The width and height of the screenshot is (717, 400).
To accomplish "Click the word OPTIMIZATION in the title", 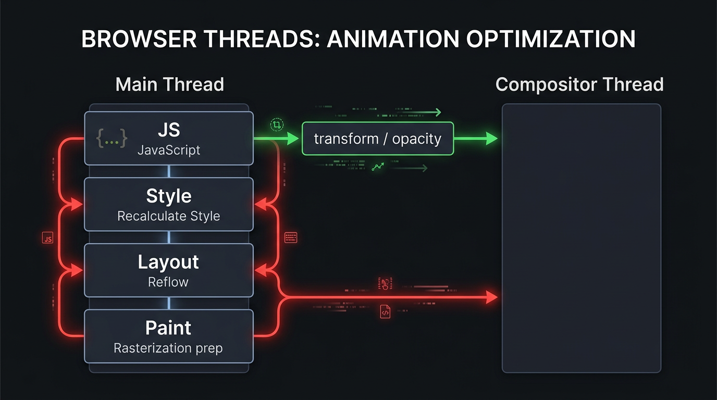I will pos(550,39).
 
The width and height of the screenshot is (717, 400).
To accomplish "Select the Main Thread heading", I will pos(169,84).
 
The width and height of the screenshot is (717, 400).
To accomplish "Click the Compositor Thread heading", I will pos(579,84).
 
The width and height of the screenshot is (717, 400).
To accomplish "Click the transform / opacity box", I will pos(378,139).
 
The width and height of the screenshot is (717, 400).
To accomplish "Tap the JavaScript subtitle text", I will pos(169,151).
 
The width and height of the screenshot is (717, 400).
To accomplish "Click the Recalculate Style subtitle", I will pos(169,216).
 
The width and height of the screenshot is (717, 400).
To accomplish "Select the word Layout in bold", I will pos(168,262).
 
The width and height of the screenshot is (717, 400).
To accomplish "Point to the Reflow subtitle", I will pos(168,282).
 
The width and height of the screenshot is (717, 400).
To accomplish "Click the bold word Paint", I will pos(168,328).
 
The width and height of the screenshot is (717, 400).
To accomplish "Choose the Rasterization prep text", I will pos(168,348).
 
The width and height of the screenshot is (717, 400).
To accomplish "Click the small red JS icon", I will pos(47,239).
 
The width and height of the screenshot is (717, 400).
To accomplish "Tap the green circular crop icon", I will pos(277,124).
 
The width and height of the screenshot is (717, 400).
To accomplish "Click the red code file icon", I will pos(385,311).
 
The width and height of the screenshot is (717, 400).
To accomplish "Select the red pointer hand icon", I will pos(385,284).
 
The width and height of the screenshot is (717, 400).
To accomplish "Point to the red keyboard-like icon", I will pos(291,238).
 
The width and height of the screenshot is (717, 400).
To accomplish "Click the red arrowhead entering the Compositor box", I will pos(491,297).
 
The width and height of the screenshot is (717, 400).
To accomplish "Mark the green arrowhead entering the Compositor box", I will pos(491,139).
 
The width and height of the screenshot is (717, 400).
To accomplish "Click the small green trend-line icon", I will pos(378,167).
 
